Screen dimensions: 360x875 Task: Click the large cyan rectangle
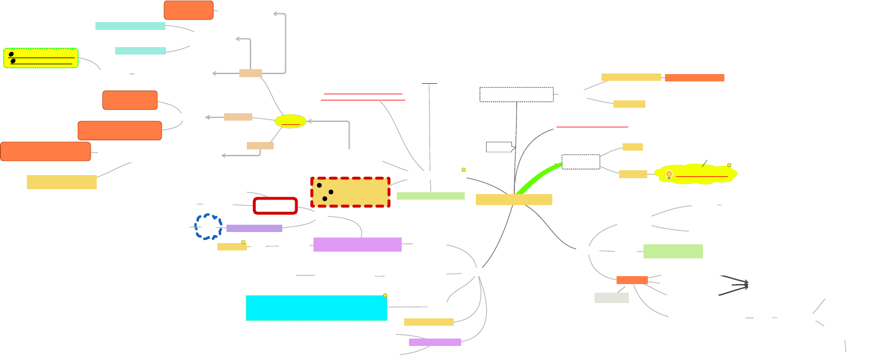pos(316,308)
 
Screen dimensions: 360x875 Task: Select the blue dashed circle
pos(208,227)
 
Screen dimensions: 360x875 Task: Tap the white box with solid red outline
pos(275,206)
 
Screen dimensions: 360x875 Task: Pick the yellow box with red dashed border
pos(350,192)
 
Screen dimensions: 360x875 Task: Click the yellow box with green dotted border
pos(41,58)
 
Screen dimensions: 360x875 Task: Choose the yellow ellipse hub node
pos(290,121)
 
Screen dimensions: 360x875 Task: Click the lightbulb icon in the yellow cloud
pos(669,174)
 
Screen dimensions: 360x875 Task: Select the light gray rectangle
pos(611,298)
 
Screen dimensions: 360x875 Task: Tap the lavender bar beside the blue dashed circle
pos(254,228)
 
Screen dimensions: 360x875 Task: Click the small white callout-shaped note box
pos(500,146)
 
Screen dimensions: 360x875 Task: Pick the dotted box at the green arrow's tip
pos(580,162)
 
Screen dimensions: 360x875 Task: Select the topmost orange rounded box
pos(189,10)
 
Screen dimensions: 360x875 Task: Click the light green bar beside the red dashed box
pos(430,196)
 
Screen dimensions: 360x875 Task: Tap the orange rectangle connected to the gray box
pos(632,280)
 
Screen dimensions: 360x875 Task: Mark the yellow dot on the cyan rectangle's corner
pos(385,296)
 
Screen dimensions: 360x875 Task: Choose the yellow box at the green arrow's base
pos(514,200)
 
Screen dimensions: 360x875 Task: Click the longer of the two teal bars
pos(130,26)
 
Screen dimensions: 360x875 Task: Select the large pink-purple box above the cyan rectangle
pos(357,244)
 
